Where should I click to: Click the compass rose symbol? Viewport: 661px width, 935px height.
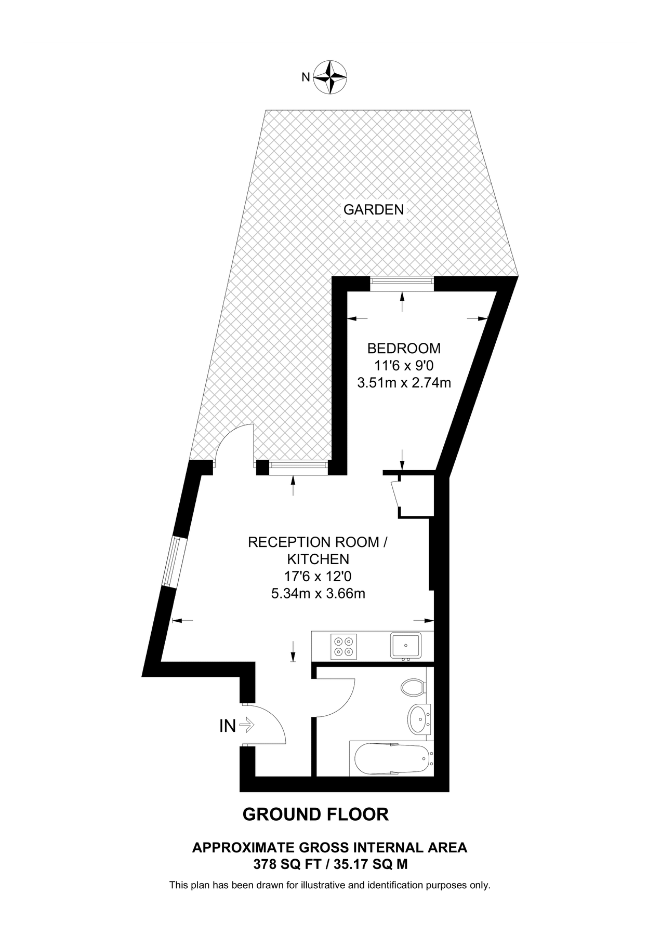coord(331,77)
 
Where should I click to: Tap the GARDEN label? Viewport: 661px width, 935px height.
coord(374,210)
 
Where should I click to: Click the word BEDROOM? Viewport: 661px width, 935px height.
coord(404,348)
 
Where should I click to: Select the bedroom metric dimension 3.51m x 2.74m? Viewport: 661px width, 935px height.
coord(404,383)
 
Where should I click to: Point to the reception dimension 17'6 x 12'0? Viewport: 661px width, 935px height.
coord(318,576)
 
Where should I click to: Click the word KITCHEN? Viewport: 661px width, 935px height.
coord(318,559)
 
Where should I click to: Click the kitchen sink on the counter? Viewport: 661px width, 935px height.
coord(406,646)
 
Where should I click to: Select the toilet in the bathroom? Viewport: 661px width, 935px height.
coord(414,688)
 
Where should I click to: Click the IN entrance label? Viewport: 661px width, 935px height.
coord(228,726)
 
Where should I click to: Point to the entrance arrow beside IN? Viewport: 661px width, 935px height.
coord(247,725)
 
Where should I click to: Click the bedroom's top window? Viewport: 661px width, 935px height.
coord(401,282)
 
